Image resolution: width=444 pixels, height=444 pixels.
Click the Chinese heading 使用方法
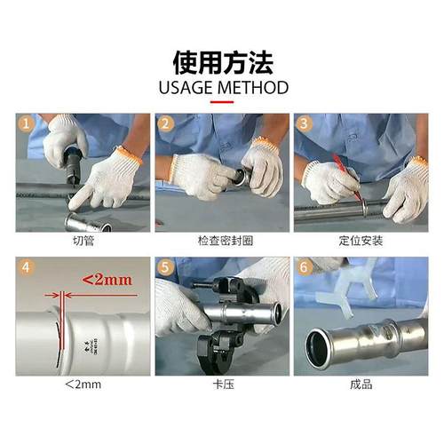[222, 62]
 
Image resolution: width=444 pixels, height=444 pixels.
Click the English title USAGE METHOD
[222, 88]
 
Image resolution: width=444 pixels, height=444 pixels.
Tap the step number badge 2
[165, 123]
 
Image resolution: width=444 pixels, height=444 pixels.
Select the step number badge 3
[305, 123]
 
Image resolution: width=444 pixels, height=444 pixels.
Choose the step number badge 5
[165, 267]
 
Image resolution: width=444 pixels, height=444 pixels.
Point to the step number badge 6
[305, 267]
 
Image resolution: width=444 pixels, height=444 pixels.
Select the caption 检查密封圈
[221, 241]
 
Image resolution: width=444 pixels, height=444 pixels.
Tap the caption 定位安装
[361, 241]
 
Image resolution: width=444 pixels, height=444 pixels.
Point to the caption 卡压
[221, 385]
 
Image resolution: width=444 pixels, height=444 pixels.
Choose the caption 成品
[361, 385]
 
